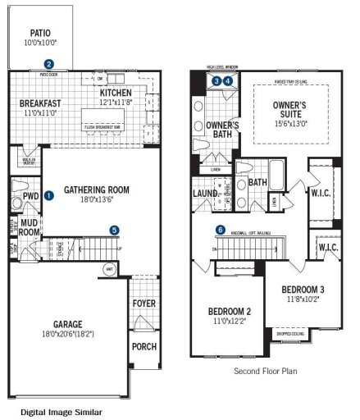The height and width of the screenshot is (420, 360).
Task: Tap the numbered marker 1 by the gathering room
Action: tap(49, 196)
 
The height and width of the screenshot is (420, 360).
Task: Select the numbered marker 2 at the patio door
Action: tap(49, 64)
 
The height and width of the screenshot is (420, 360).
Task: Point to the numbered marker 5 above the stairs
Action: tap(114, 230)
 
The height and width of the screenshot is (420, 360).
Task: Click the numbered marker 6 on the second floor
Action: tap(220, 230)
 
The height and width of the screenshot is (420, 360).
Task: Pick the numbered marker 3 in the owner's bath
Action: tap(216, 81)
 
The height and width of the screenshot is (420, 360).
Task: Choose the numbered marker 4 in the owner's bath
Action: tap(227, 81)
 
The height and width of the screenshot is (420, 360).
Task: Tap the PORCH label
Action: tap(144, 346)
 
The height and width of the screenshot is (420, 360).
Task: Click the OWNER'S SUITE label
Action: tap(289, 106)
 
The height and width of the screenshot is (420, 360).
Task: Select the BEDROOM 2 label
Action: tap(230, 311)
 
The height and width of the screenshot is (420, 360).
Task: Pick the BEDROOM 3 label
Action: tap(303, 290)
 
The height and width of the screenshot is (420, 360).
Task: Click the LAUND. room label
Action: tap(205, 194)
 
